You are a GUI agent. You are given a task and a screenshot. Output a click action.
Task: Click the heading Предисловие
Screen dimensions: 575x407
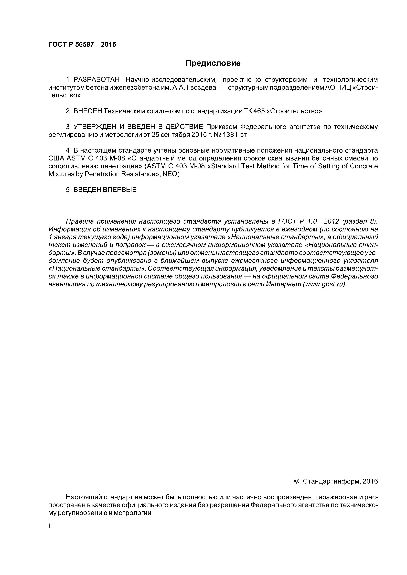click(213, 63)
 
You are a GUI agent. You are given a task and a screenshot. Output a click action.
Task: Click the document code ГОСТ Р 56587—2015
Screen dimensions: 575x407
click(82, 45)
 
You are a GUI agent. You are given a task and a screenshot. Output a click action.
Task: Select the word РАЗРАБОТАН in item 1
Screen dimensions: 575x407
click(96, 80)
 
